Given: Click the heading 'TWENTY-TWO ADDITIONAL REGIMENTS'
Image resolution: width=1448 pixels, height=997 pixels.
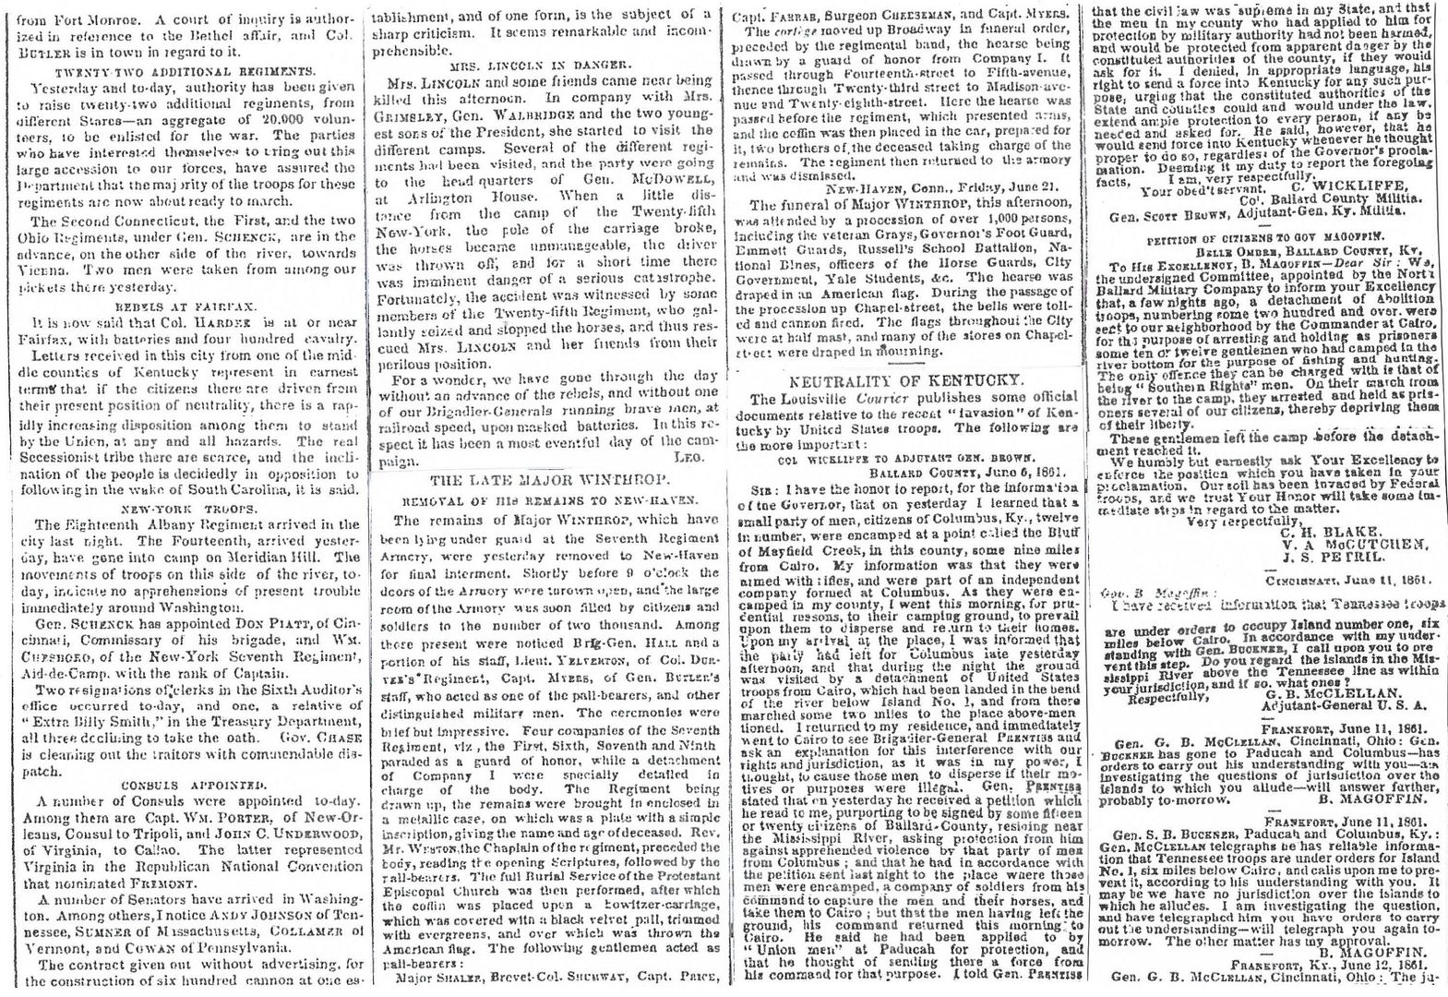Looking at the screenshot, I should point(183,71).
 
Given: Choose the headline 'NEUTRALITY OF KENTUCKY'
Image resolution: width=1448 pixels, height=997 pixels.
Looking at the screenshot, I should point(904,379).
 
